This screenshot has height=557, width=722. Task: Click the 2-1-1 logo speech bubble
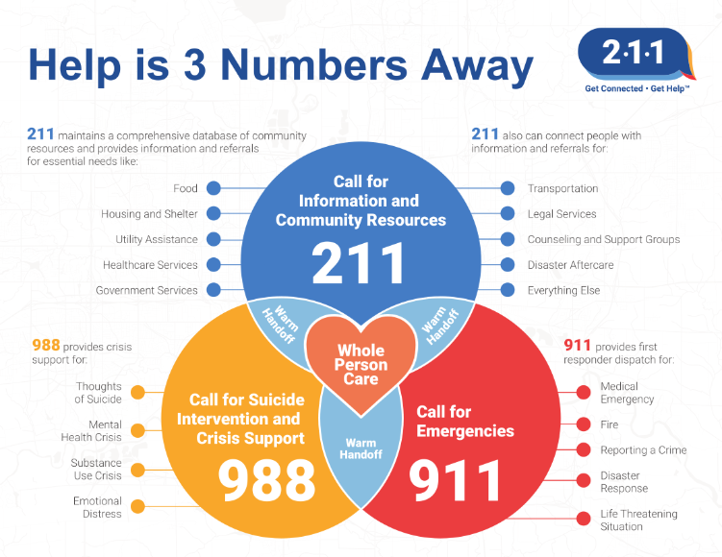pos(635,54)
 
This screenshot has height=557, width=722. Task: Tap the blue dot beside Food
pos(213,188)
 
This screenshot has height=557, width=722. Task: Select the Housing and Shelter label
pos(149,214)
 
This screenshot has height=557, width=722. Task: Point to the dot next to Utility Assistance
pos(213,239)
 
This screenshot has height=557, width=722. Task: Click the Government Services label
pos(146,290)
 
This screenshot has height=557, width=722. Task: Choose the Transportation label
pos(562,188)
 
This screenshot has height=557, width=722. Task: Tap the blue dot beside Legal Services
pos(508,213)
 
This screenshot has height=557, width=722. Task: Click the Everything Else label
pos(563,290)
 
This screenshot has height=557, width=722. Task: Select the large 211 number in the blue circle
pos(359,263)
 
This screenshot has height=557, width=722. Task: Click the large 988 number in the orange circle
pos(266,480)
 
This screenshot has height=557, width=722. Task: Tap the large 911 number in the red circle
pos(455,480)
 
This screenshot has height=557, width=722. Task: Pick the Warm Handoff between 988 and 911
pos(361,448)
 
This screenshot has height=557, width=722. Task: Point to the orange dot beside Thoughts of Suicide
pos(137,393)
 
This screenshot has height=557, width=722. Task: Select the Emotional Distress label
pos(97,507)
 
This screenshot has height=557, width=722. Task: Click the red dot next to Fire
pos(584,424)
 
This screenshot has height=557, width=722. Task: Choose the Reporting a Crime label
pos(643,449)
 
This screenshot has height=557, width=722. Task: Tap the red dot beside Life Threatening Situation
pos(584,519)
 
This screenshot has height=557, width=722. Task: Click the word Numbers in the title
pos(314,64)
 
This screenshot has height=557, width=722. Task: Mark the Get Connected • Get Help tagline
pos(637,88)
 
